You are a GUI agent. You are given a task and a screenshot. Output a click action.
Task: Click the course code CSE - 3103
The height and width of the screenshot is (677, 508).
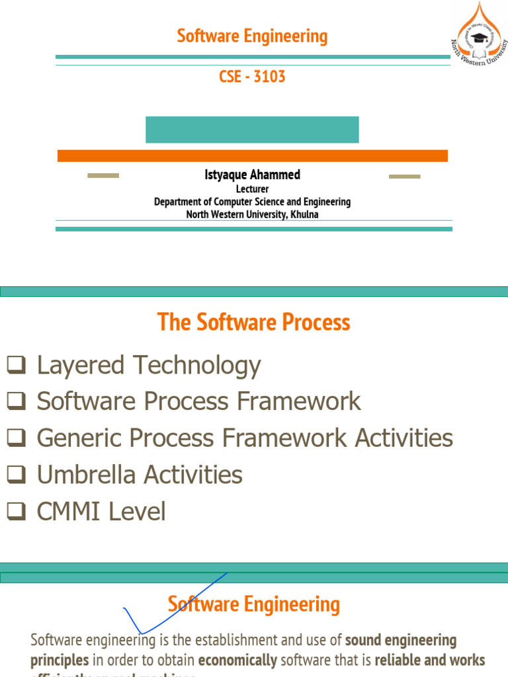coord(252,77)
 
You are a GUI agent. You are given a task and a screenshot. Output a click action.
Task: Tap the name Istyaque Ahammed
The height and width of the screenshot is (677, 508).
coord(252,175)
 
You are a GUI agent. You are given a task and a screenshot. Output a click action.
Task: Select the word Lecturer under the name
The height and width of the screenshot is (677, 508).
coord(252,189)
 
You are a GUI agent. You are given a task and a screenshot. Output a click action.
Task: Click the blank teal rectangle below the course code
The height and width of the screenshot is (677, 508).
coord(252,130)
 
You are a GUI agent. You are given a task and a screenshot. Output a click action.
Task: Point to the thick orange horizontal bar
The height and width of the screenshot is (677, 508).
coord(252,156)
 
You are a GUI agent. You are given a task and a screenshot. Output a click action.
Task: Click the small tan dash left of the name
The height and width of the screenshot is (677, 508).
coord(103,176)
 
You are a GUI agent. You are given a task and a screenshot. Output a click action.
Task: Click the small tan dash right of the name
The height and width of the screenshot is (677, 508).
coord(404,177)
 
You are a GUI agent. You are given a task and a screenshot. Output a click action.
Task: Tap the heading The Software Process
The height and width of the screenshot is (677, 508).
coord(253,323)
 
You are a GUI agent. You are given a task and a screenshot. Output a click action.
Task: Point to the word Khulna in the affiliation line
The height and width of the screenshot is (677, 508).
coord(304,214)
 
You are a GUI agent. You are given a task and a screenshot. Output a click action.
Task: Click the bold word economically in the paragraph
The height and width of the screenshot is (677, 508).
coord(237,660)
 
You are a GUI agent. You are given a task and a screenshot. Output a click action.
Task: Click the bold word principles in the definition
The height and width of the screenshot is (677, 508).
coord(60,660)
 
